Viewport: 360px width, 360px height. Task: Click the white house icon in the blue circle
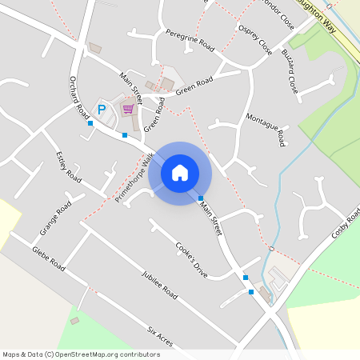tap(180, 172)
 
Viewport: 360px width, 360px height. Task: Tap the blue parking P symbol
tap(101, 109)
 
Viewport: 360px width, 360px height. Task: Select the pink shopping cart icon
tap(127, 109)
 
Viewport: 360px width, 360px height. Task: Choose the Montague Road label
tap(266, 130)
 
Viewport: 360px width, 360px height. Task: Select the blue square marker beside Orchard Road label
tap(90, 123)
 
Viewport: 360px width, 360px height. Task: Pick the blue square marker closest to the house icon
tap(201, 198)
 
